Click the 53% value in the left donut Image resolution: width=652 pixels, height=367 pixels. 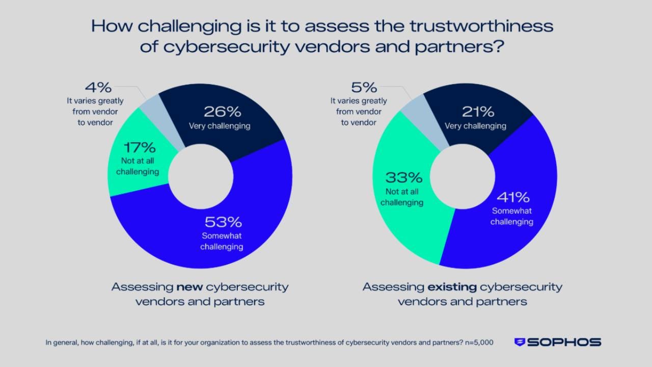(x=223, y=222)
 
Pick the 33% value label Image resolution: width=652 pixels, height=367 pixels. (x=404, y=178)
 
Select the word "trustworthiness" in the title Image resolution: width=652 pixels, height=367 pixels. (x=468, y=26)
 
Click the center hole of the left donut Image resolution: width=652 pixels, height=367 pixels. (x=201, y=176)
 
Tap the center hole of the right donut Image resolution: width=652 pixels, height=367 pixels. (x=463, y=176)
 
